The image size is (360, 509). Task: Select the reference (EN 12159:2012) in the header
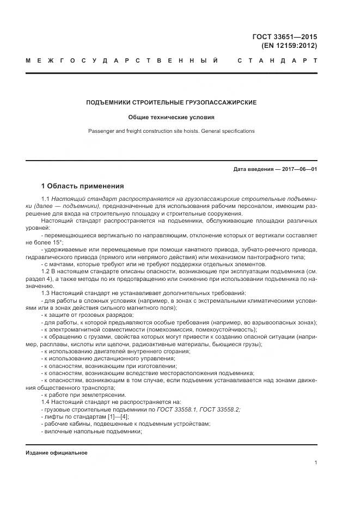289,46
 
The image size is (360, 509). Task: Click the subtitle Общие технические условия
172,117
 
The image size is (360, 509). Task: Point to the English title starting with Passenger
172,131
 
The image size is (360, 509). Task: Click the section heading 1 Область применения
83,186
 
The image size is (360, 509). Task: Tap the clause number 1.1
46,200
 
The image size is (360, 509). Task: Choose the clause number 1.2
46,271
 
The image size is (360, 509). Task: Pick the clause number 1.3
46,292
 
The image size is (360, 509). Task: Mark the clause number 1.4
46,402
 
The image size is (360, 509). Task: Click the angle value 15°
57,242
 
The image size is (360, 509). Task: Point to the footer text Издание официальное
57,452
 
